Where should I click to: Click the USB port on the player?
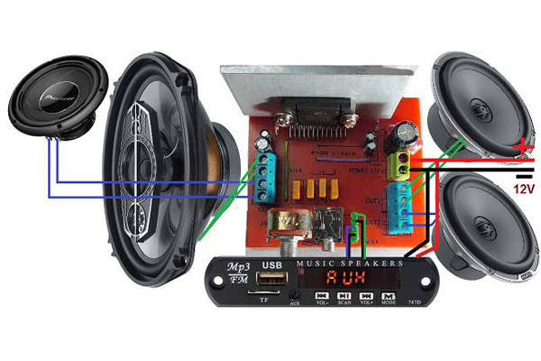[x=270, y=281]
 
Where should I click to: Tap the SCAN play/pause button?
[x=344, y=294]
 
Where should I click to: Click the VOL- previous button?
[x=321, y=294]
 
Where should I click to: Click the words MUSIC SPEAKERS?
[x=351, y=262]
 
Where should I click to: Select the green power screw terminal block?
[x=399, y=162]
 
